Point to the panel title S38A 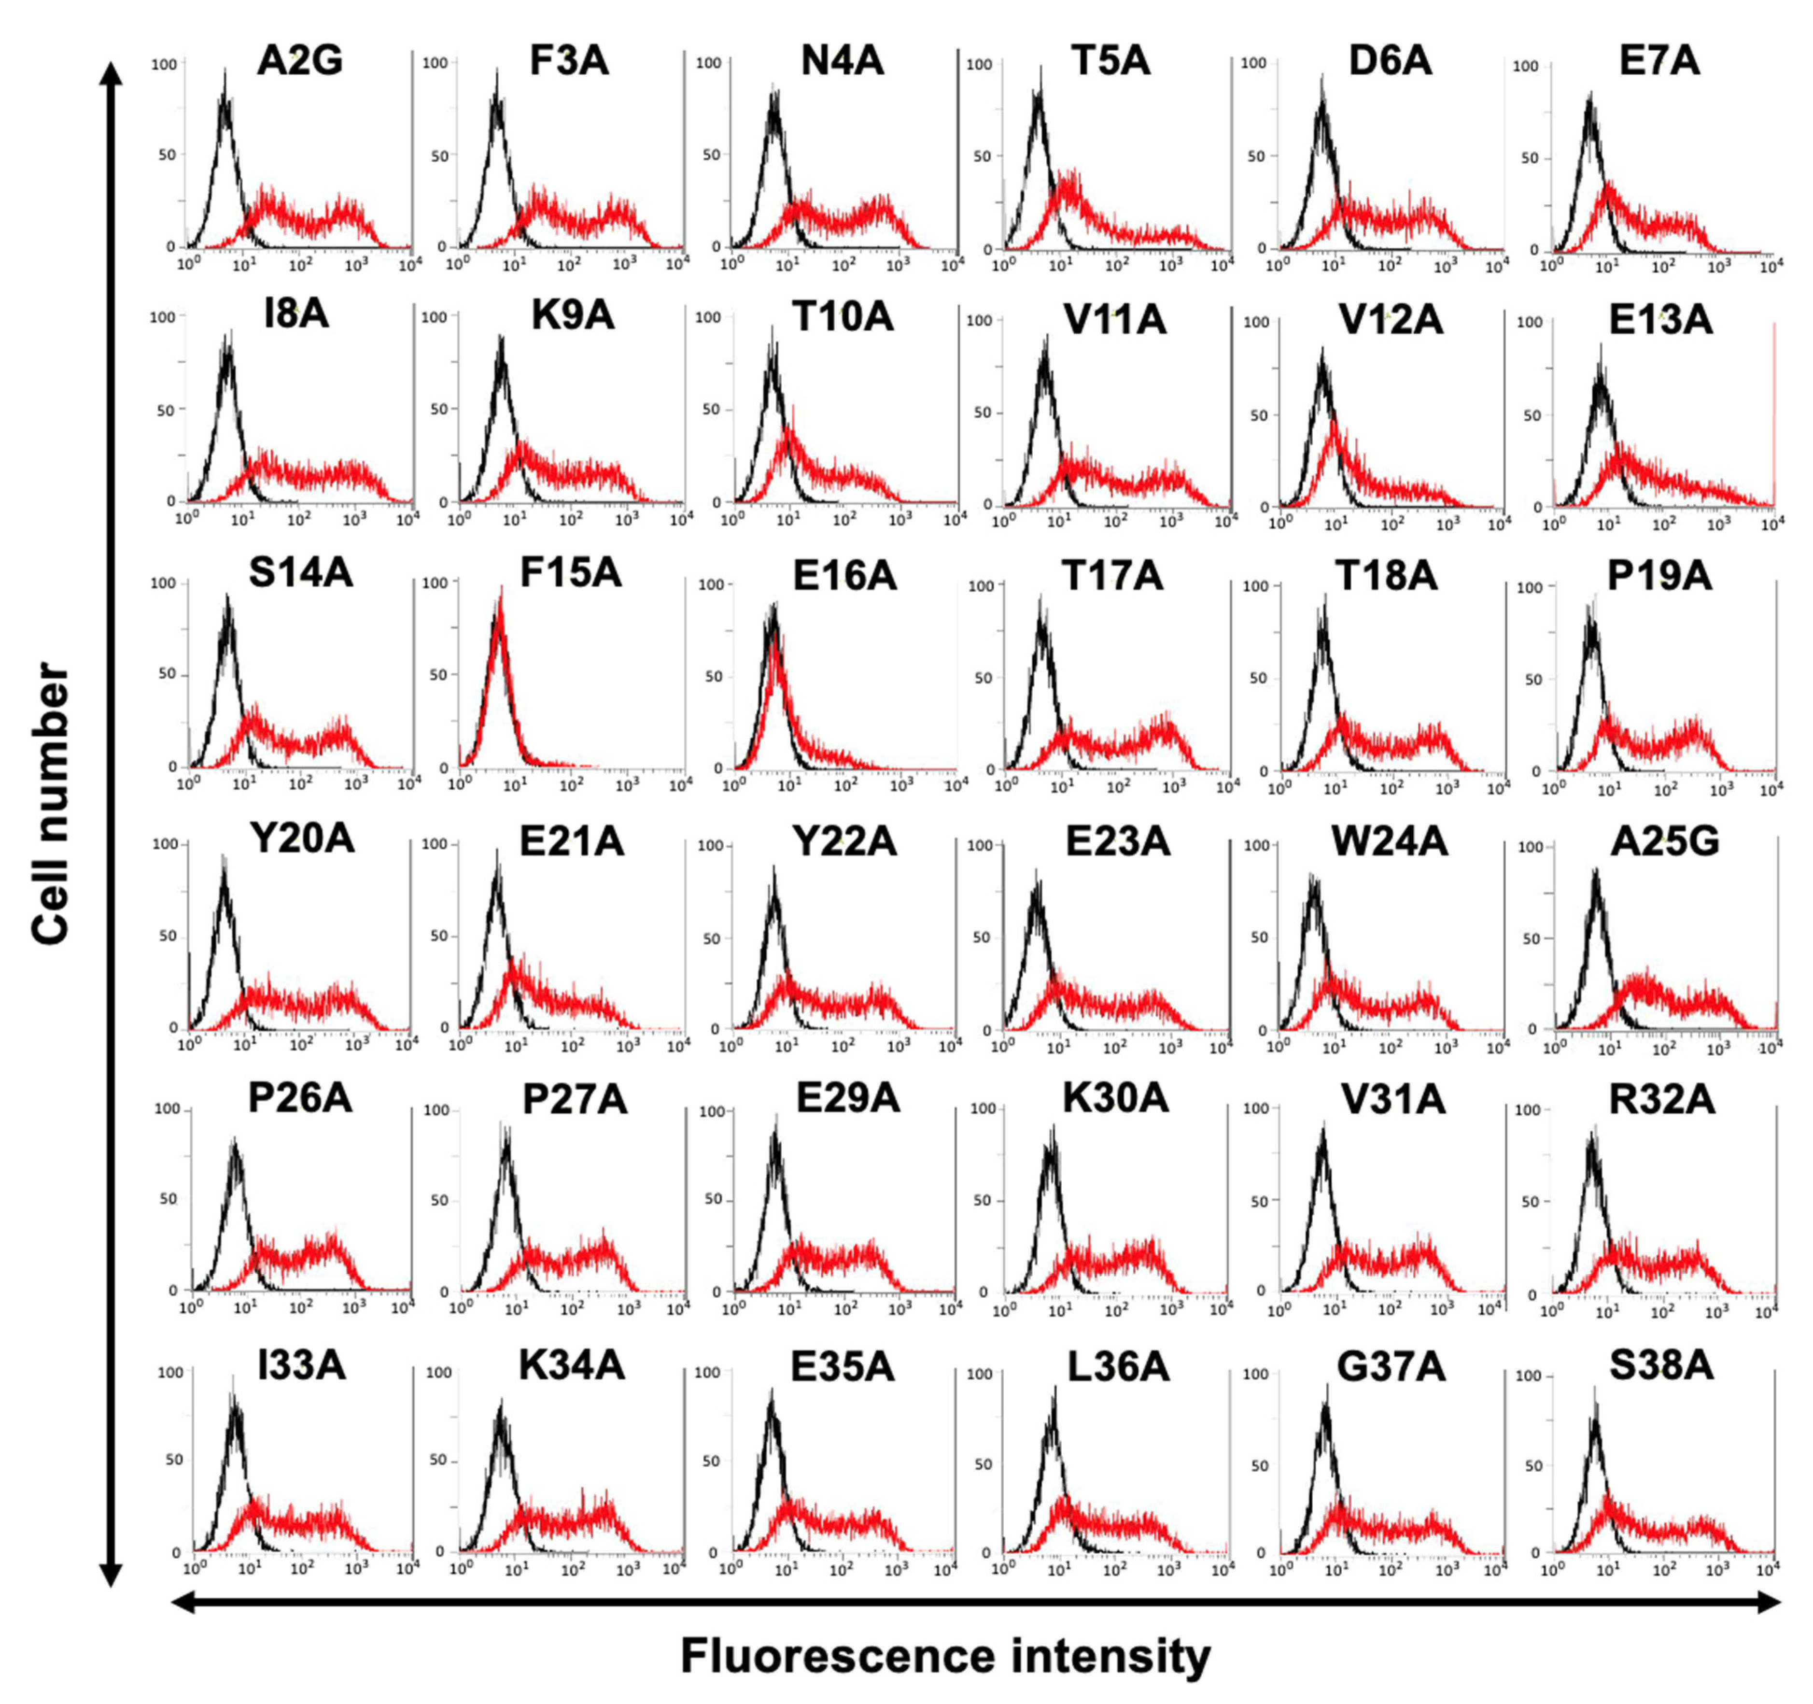1661,1365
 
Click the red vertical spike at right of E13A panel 1774,411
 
